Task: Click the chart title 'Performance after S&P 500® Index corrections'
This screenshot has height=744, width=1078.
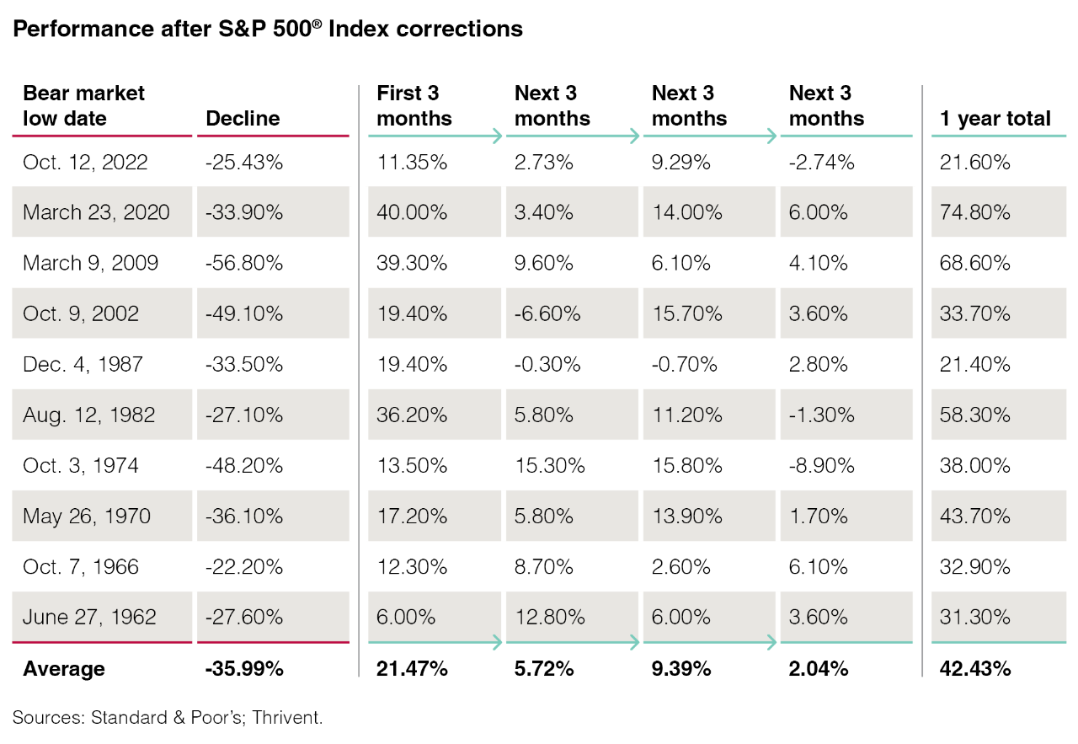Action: point(268,29)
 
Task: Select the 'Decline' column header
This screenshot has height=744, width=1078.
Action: point(243,119)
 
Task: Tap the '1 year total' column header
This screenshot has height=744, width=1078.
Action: point(995,119)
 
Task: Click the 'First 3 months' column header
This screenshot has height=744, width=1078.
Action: point(414,106)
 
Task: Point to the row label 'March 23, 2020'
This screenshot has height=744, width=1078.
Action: point(96,212)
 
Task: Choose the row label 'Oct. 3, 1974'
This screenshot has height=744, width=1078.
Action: point(81,465)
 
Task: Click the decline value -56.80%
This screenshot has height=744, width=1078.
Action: point(244,263)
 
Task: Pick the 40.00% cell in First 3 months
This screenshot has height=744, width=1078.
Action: point(412,212)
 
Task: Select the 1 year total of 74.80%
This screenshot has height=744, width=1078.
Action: point(975,212)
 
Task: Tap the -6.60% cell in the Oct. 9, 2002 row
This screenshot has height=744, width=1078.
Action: point(547,313)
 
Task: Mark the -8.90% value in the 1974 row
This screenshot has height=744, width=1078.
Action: point(822,465)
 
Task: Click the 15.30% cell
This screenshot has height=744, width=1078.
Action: point(549,465)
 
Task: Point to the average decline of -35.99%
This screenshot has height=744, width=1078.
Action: point(244,669)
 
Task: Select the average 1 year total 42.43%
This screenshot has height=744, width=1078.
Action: point(975,669)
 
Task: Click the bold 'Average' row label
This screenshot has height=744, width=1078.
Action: point(64,669)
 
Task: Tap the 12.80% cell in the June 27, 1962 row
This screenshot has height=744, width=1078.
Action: point(549,617)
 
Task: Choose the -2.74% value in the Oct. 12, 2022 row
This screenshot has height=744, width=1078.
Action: point(822,162)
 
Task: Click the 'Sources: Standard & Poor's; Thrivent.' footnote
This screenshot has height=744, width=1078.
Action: point(168,718)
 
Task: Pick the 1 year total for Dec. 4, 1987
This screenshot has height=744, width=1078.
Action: point(975,364)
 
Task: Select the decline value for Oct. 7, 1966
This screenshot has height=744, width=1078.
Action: point(244,566)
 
